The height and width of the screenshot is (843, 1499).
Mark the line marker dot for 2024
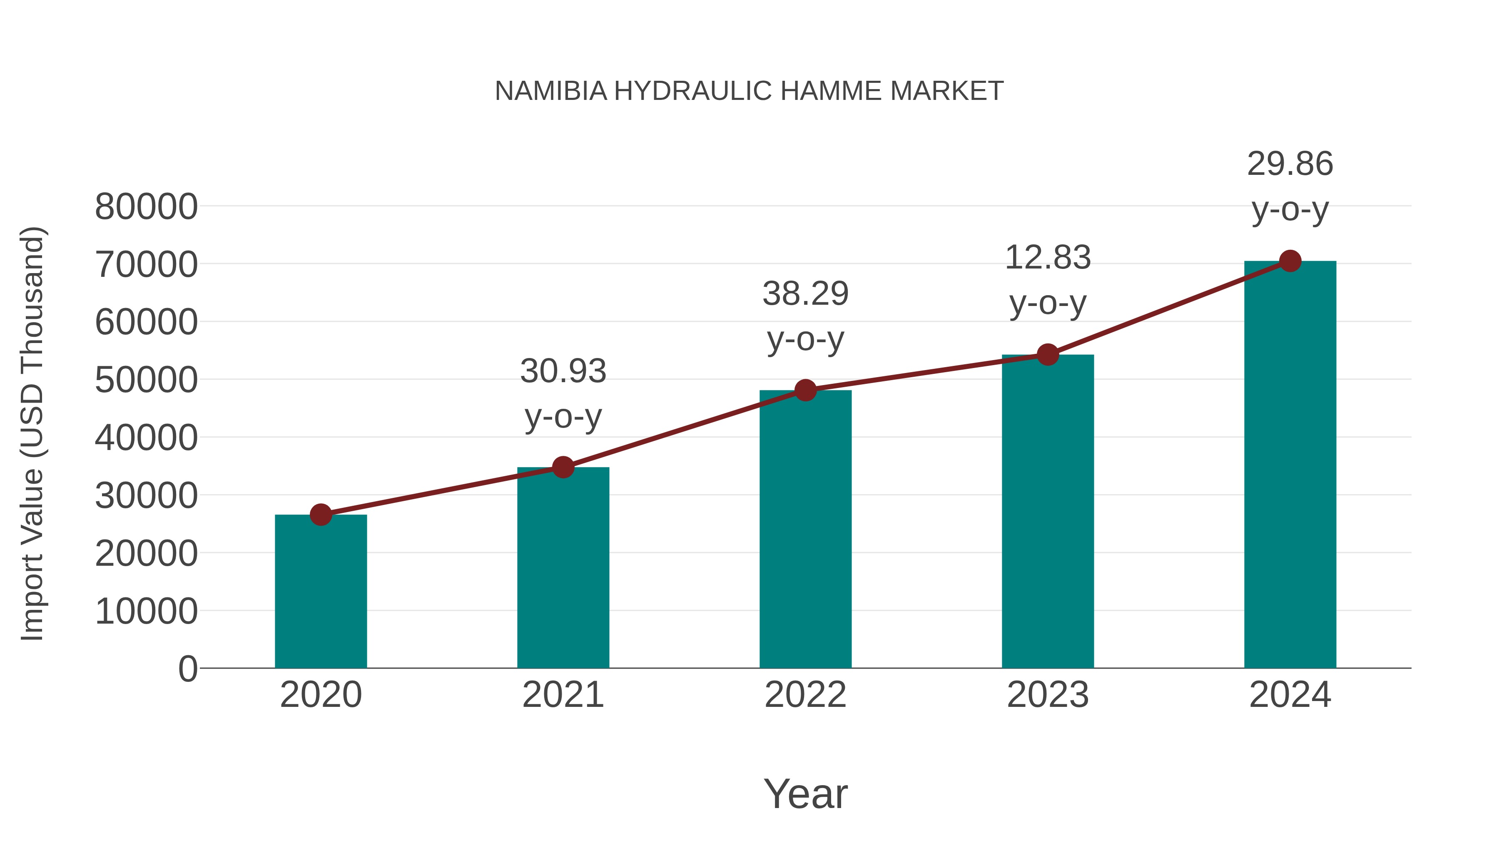click(1290, 261)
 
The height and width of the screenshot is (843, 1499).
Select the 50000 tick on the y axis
click(146, 380)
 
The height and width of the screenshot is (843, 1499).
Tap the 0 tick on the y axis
click(188, 669)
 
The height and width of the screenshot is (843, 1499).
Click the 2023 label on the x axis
click(1048, 695)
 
